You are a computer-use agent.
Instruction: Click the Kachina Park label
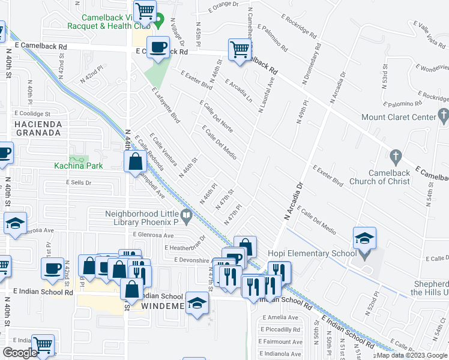(x=78, y=166)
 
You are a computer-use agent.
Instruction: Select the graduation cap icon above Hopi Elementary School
(x=364, y=239)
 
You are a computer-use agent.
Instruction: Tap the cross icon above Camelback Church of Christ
(x=394, y=157)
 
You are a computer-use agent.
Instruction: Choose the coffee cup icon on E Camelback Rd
(x=158, y=48)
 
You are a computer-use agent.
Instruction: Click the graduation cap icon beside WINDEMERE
(x=196, y=303)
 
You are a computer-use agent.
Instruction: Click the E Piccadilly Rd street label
(x=279, y=329)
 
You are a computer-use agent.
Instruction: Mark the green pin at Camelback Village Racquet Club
(x=159, y=25)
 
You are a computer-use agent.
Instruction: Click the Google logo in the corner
(x=20, y=352)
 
